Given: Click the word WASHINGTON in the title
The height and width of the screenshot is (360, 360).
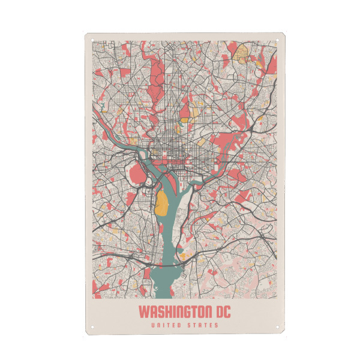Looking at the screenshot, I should [x=173, y=313].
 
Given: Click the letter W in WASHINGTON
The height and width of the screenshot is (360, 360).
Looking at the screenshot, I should [x=143, y=313].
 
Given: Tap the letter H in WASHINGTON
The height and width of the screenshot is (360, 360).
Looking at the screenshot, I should [x=166, y=313].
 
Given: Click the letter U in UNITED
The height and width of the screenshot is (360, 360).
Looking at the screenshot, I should [x=154, y=326].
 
